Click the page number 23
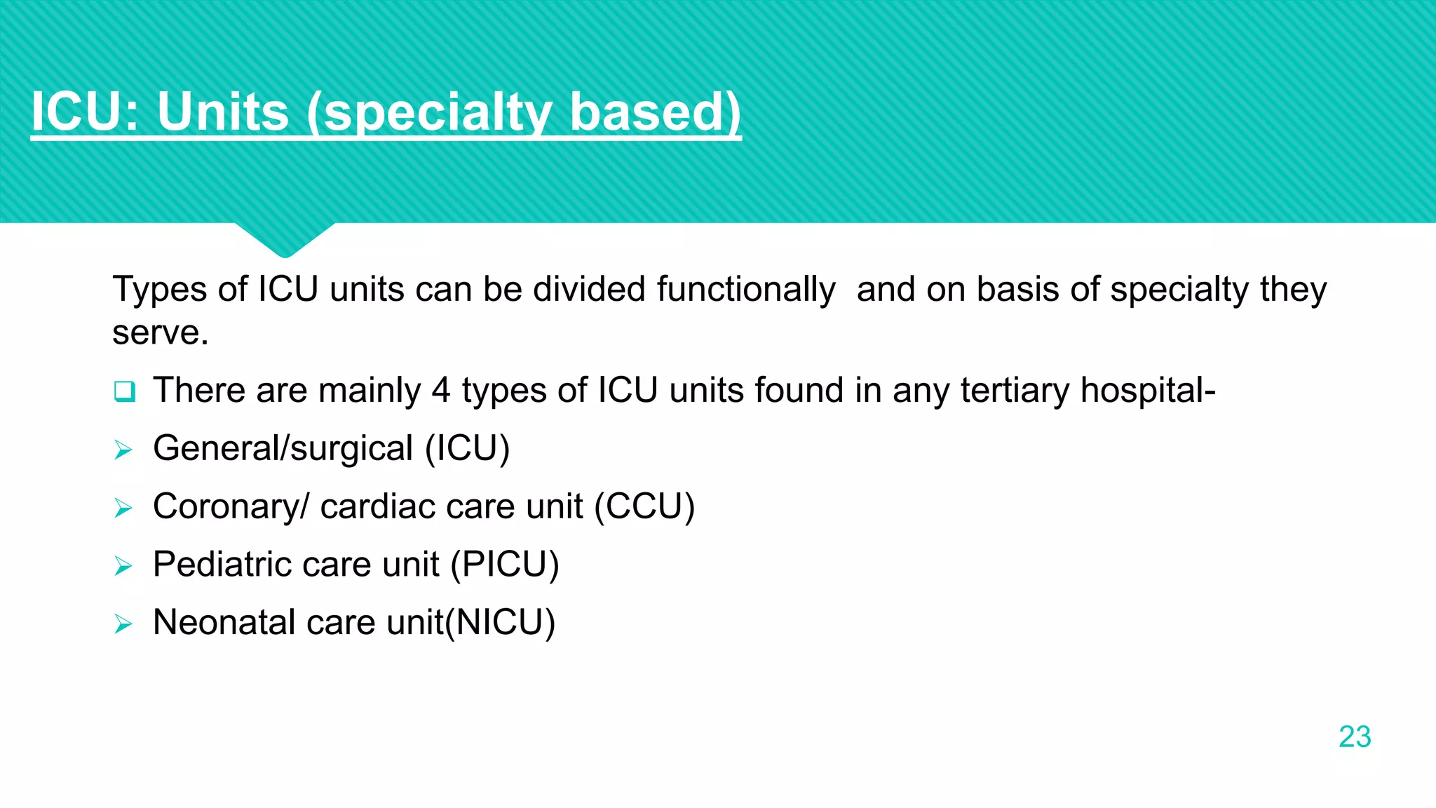(1354, 736)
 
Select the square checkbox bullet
(124, 391)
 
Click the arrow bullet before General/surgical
(123, 450)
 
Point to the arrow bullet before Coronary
(123, 508)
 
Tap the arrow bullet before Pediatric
(123, 565)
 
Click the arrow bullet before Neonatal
(123, 624)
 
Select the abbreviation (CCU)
(644, 506)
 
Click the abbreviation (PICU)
(505, 565)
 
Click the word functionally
(746, 289)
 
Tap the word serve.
(161, 332)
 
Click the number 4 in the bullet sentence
(440, 390)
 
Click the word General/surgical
(283, 449)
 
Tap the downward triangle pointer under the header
(285, 238)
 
